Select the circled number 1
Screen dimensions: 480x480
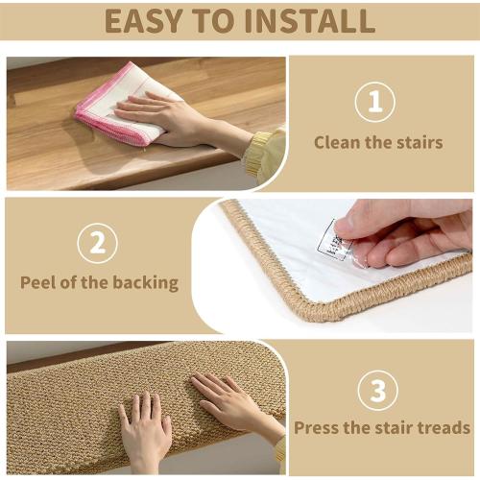(375, 102)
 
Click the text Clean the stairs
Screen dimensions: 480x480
(378, 142)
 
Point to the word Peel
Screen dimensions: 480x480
(41, 282)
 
